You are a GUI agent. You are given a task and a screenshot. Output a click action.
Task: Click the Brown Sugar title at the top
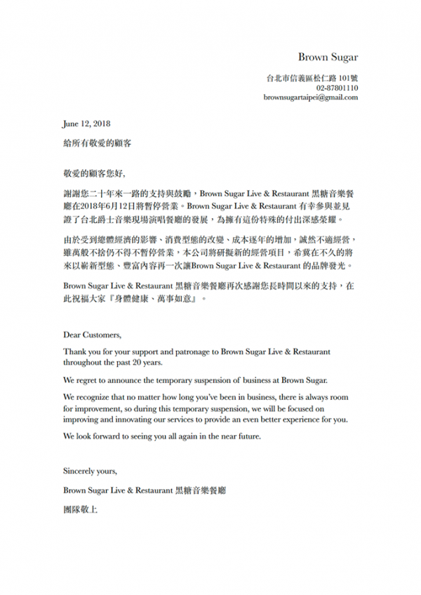(x=328, y=57)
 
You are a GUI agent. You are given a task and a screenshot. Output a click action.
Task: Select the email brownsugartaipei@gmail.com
(x=311, y=98)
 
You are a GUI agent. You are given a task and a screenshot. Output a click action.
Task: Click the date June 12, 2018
(x=82, y=124)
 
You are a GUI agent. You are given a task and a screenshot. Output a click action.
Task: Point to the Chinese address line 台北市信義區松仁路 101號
(x=312, y=78)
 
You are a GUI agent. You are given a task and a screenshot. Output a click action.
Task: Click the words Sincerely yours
(x=90, y=471)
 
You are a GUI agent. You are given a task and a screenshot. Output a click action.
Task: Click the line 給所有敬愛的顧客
(x=96, y=142)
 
